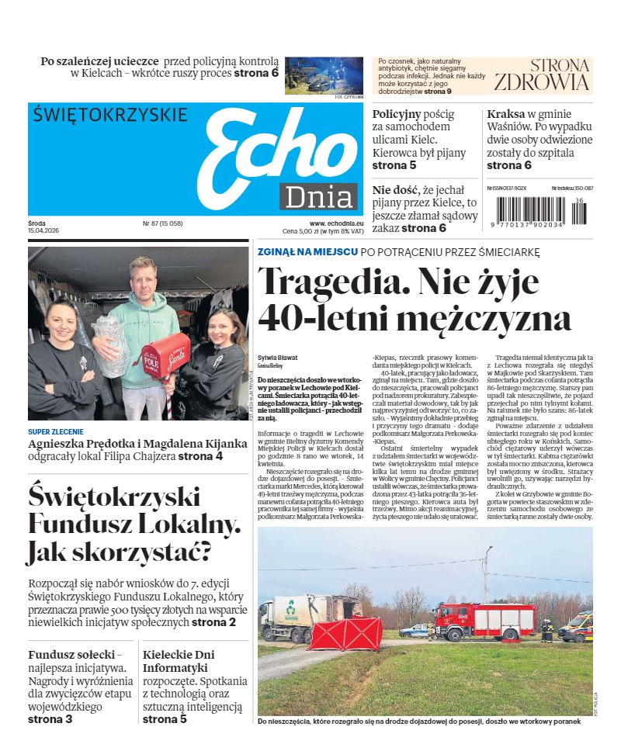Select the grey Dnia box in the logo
(x=318, y=197)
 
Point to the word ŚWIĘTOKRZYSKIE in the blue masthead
(x=110, y=116)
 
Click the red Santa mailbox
(x=165, y=354)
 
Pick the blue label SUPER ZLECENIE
(x=56, y=431)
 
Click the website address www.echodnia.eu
(x=331, y=223)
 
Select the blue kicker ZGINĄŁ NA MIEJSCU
(x=307, y=252)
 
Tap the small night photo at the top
(x=324, y=74)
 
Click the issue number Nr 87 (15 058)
(x=162, y=223)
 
